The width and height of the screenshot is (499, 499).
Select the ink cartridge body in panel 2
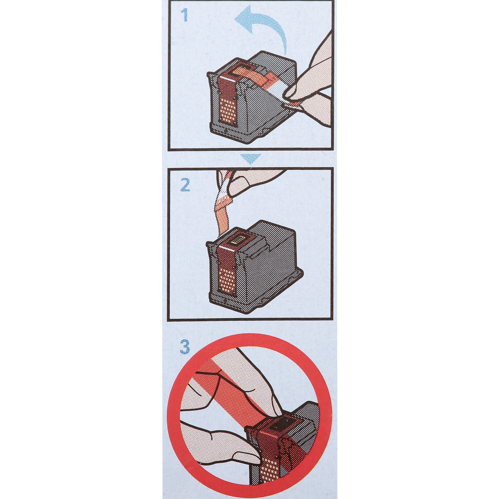tap(254, 266)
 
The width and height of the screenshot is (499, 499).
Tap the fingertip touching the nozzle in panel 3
tap(274, 396)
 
